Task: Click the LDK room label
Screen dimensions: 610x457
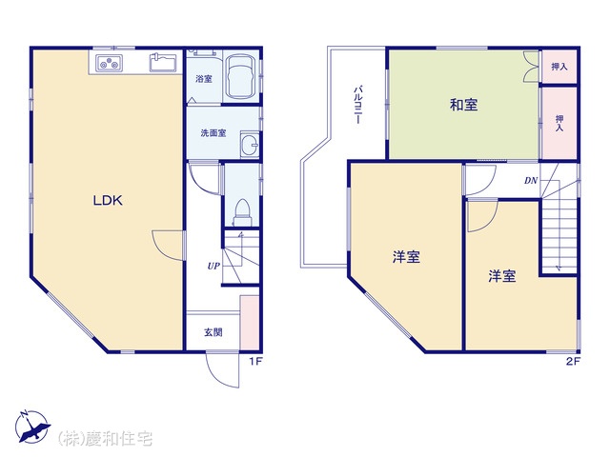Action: [108, 201]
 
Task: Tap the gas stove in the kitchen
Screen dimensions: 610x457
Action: [110, 63]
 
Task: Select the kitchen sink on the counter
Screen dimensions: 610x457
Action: [163, 62]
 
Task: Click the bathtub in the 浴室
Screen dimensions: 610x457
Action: [241, 76]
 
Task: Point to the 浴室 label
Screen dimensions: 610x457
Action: [204, 79]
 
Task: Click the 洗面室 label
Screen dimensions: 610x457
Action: [213, 133]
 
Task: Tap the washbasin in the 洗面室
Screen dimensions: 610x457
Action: [250, 144]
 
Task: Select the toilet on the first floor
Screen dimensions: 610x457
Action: [242, 212]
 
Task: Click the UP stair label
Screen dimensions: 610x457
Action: [213, 267]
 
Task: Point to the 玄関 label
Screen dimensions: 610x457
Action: [213, 332]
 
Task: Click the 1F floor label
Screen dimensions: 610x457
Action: [256, 362]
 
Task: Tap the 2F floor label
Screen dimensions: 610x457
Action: [573, 362]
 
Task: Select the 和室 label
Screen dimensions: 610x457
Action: [464, 105]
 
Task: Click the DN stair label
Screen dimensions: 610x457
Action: [531, 180]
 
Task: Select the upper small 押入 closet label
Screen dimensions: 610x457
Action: [559, 67]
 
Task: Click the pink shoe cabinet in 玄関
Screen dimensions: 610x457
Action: [250, 323]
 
